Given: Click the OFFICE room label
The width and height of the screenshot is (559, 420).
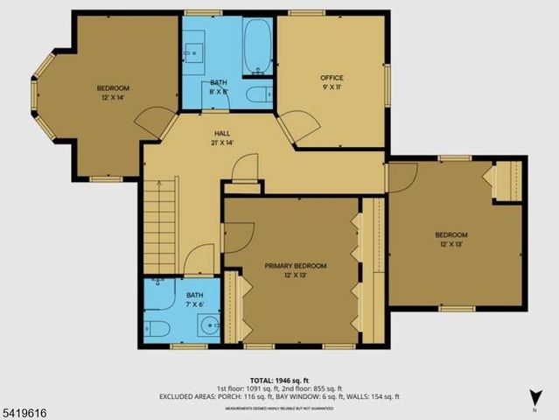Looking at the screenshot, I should [x=332, y=78].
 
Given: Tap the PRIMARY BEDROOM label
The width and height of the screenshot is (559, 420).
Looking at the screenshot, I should [x=296, y=265].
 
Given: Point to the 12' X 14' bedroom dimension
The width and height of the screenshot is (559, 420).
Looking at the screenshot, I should [x=113, y=97].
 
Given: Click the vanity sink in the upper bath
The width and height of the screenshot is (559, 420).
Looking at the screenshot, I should [x=193, y=50].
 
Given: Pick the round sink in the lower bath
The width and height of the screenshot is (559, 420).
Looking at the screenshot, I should [x=207, y=328].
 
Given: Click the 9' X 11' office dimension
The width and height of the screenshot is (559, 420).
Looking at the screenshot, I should [x=332, y=87].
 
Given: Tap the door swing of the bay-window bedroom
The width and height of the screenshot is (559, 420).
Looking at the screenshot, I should [x=154, y=121].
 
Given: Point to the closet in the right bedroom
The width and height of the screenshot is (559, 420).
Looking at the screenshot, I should [x=507, y=180].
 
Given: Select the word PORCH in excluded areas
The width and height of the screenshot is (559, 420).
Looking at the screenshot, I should [x=231, y=396].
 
